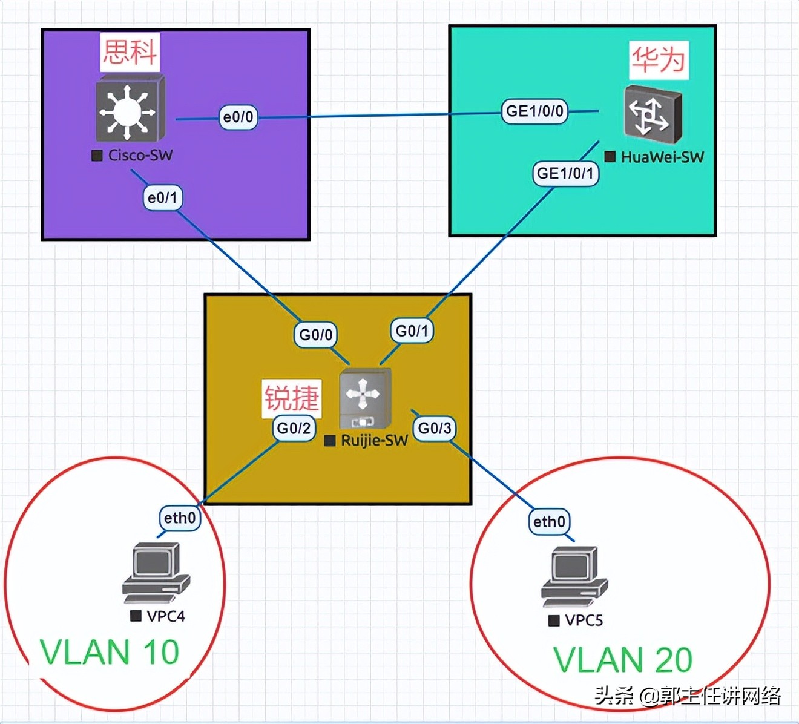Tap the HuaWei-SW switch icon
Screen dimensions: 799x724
pos(653,115)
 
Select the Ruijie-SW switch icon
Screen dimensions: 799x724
pos(365,398)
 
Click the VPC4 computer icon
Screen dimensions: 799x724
pos(156,573)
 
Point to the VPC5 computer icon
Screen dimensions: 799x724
pos(574,576)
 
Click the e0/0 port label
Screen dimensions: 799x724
pos(238,117)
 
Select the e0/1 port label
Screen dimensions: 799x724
pos(162,197)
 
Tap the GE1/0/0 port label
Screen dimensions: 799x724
pos(534,111)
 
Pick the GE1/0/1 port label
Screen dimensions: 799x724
pos(565,173)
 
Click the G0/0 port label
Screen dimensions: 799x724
pos(315,335)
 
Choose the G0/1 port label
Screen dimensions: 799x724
pos(412,331)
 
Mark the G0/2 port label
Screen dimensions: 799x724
pos(294,429)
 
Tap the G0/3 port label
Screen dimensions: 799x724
pos(435,429)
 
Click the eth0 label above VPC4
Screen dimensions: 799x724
pos(180,518)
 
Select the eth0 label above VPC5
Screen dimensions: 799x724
pos(549,522)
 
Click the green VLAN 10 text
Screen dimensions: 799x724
pos(110,653)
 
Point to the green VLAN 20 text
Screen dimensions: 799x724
pos(623,660)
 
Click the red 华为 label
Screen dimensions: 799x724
pos(659,60)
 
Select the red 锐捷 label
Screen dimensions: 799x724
pos(292,398)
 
